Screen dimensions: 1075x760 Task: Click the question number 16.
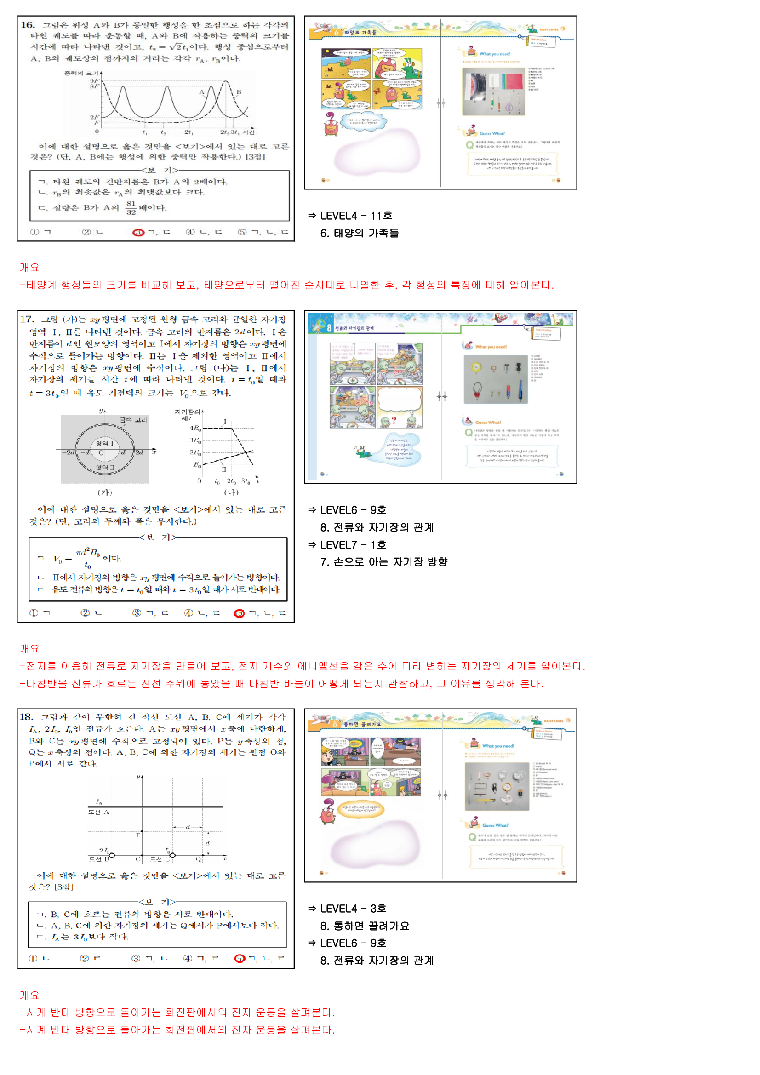click(28, 25)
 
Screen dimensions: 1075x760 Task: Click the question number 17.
click(27, 319)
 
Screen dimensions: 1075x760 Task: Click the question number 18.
click(26, 717)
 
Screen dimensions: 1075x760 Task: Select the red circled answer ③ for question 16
click(138, 232)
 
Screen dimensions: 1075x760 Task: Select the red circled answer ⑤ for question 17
click(239, 613)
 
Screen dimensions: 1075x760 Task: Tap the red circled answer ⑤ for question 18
click(239, 958)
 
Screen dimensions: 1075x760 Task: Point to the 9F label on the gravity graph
click(95, 80)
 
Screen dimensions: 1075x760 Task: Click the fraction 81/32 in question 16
click(131, 208)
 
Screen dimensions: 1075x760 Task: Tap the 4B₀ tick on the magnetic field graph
click(195, 428)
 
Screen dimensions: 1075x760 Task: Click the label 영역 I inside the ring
click(104, 443)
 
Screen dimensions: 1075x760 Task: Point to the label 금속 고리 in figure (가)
click(133, 420)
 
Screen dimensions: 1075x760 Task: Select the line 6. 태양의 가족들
click(359, 233)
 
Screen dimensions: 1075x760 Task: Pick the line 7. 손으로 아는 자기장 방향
click(383, 562)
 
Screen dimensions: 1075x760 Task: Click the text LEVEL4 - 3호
click(353, 909)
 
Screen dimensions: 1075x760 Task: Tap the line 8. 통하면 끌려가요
click(365, 926)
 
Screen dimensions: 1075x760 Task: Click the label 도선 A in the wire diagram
click(98, 812)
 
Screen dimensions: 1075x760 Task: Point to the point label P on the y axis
click(138, 835)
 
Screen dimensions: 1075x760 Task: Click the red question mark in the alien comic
click(394, 420)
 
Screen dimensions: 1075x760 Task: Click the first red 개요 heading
click(29, 267)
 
